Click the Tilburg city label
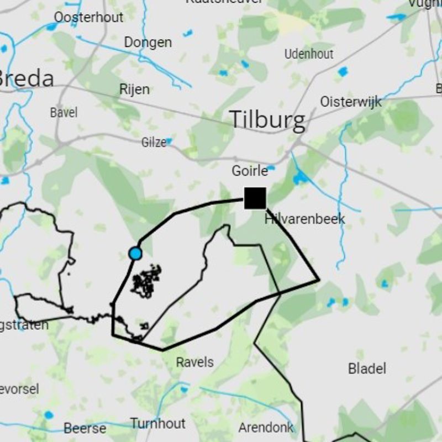coord(267,119)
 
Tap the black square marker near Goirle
coord(255,198)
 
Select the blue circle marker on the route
coord(135,254)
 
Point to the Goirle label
coord(250,171)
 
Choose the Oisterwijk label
coord(351,102)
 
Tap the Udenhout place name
coord(309,54)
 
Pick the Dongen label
coord(148,43)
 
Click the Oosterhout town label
coord(88,17)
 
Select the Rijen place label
coord(134,89)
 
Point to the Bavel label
coord(64,113)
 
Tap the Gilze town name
coord(154,143)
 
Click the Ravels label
coord(194,362)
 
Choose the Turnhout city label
coord(158,424)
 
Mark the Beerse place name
coord(85,428)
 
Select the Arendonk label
coord(266,427)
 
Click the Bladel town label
coord(367,369)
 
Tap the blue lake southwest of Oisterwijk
coord(300,177)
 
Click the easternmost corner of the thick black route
coord(319,280)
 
